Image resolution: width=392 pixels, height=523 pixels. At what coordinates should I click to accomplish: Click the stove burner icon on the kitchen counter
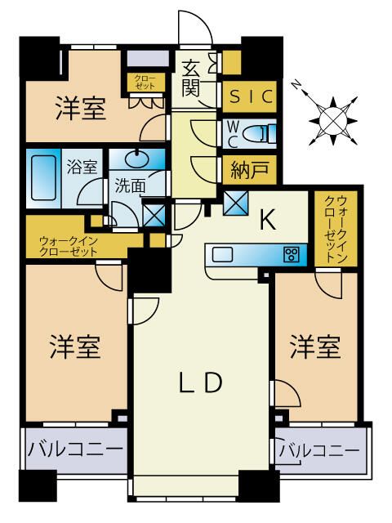290,254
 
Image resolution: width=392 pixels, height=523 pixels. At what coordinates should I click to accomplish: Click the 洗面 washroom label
130,186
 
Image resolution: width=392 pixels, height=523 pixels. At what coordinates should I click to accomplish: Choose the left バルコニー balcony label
75,449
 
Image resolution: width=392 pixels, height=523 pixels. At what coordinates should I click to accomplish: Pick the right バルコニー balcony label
319,450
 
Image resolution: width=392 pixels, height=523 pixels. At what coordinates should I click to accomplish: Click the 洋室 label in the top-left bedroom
81,109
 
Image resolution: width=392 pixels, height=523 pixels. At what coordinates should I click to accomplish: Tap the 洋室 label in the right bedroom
315,347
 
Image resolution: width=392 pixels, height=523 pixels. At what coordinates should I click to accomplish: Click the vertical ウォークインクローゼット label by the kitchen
336,228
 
